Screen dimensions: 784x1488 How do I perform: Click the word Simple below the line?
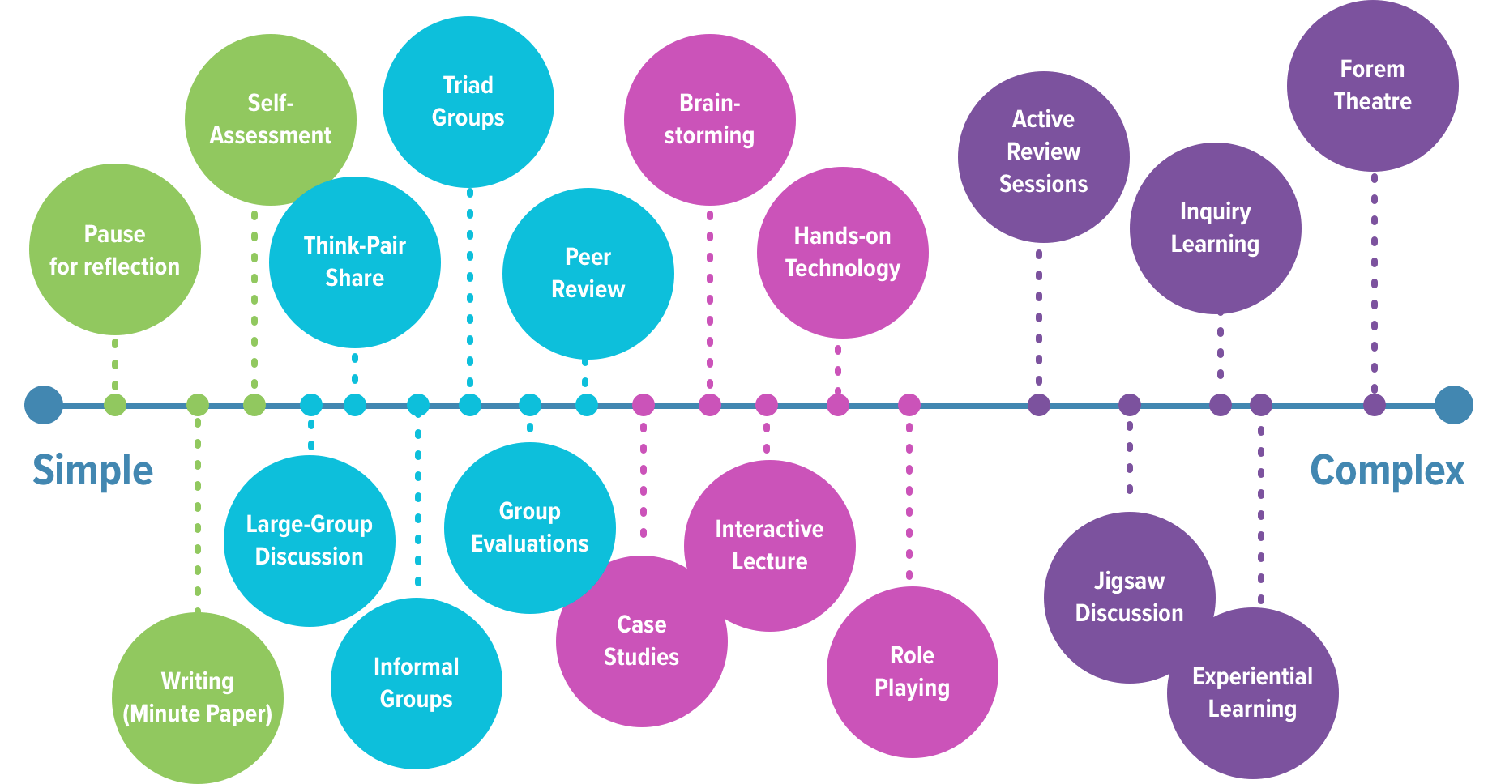[92, 471]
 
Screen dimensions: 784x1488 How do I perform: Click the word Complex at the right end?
[1387, 471]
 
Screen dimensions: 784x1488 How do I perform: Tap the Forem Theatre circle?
[1372, 86]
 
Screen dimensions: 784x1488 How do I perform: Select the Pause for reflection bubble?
[114, 249]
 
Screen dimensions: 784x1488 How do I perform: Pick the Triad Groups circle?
[468, 102]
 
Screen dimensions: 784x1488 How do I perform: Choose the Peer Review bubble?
[588, 274]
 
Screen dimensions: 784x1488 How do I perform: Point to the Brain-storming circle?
[709, 120]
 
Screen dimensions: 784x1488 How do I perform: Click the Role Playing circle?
[912, 672]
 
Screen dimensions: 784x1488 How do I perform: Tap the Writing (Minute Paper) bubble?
[197, 697]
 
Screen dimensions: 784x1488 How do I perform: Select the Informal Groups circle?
[416, 683]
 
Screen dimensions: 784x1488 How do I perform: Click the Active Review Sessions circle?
[1043, 152]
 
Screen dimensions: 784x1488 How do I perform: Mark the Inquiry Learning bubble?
[1215, 228]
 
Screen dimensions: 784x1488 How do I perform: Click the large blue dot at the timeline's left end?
[44, 405]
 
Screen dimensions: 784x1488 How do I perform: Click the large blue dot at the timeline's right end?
[1453, 405]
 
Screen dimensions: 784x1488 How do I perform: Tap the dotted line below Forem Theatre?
[1374, 283]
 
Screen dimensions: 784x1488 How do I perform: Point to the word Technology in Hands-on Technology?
[842, 269]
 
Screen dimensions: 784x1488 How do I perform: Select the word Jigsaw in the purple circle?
[1129, 582]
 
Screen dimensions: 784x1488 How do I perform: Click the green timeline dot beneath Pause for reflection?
[115, 405]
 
